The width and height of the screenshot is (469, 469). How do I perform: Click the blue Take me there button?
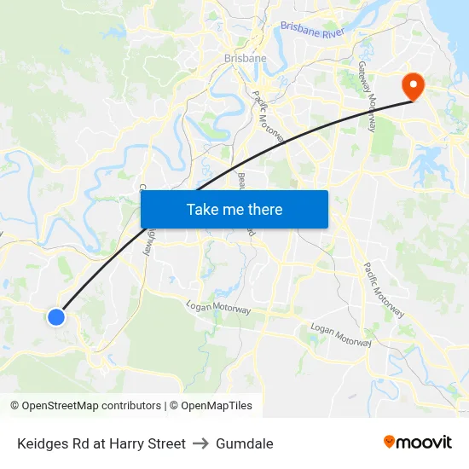[x=234, y=209]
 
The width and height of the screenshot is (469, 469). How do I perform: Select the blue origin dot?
[x=56, y=317]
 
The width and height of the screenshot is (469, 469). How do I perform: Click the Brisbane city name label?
[x=245, y=58]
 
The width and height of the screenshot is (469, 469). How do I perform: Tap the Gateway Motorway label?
[x=367, y=96]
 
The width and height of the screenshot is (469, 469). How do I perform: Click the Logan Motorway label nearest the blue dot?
[x=219, y=308]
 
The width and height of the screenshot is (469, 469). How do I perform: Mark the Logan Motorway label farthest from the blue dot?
[x=341, y=334]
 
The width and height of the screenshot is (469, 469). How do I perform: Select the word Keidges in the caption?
[x=42, y=443]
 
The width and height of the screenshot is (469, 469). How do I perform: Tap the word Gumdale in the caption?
[x=245, y=443]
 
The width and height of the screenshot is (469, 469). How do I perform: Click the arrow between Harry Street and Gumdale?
[x=200, y=443]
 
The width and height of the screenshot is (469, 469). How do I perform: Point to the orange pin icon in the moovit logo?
[x=390, y=442]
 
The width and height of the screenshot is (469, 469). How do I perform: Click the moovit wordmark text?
[x=425, y=443]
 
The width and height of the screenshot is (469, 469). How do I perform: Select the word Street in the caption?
[x=166, y=443]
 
